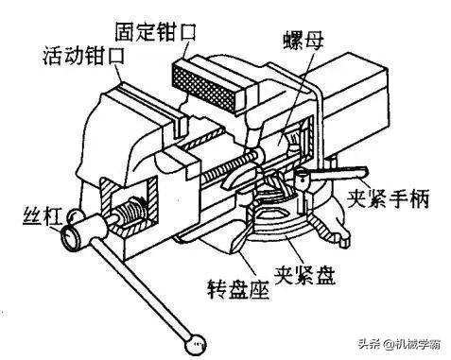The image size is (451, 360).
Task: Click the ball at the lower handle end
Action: pyautogui.click(x=195, y=336)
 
